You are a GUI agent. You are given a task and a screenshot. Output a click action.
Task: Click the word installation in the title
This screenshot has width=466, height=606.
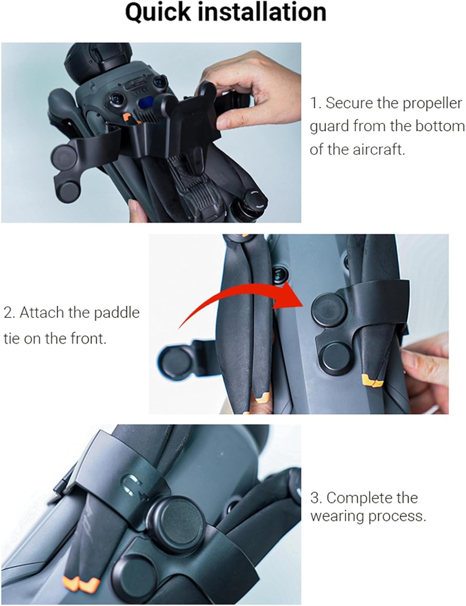coord(262,12)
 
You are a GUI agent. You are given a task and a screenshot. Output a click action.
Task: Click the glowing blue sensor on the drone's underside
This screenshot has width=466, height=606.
coord(147,103)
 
